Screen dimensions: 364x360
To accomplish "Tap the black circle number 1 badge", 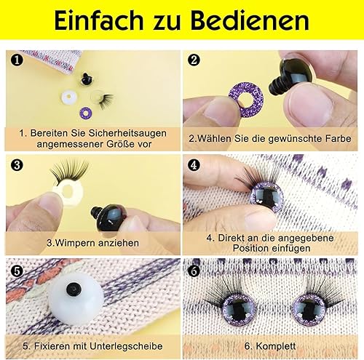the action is [17, 60].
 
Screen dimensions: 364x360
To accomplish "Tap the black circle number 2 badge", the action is [194, 60].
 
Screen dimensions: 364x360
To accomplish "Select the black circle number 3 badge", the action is [17, 165].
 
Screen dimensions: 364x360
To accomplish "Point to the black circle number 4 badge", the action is [194, 165].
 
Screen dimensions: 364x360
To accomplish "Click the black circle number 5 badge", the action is [17, 271].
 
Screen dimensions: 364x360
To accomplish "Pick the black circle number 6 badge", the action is [194, 271].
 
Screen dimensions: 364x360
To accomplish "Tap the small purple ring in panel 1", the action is [86, 113].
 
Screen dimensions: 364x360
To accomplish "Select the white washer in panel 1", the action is [68, 97].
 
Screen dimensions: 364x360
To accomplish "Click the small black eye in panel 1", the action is [86, 79].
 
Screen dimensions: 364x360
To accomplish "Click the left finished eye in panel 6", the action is [239, 310].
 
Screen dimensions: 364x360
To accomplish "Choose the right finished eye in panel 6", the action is [308, 310].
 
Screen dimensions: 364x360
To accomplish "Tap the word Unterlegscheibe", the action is [126, 346].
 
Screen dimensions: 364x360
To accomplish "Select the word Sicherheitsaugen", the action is [127, 133].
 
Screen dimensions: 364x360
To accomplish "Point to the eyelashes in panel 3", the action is [69, 171].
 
